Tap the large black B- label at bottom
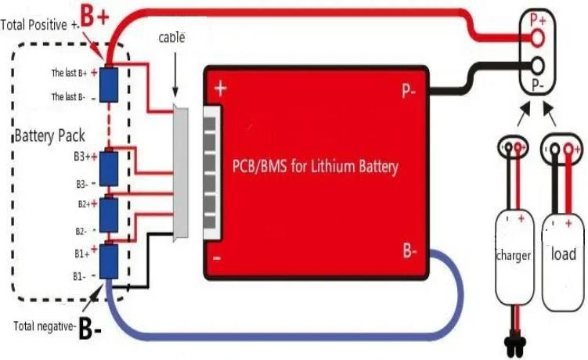click(91, 329)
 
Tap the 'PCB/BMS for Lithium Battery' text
click(316, 167)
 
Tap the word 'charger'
click(514, 255)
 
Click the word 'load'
click(564, 254)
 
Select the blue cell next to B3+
click(109, 166)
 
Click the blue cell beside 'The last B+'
click(109, 79)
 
